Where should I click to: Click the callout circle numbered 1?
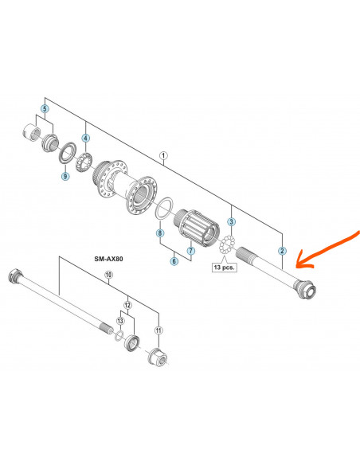click(x=163, y=155)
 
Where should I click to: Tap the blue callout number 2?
click(x=282, y=251)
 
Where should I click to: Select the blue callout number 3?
click(x=231, y=221)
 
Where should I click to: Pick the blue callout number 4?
click(x=86, y=138)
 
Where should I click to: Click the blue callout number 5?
click(x=45, y=109)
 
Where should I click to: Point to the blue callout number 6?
click(x=174, y=261)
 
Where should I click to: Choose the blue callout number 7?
click(x=191, y=251)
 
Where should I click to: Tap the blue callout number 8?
click(x=160, y=232)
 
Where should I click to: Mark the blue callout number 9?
click(x=65, y=176)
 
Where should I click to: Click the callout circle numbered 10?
click(x=109, y=275)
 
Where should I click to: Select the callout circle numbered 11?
click(x=159, y=330)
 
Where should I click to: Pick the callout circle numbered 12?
click(x=127, y=305)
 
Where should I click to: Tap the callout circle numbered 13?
click(x=120, y=321)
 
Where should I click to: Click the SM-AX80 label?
click(x=108, y=259)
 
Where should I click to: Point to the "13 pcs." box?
click(x=225, y=268)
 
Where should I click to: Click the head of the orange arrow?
click(x=297, y=265)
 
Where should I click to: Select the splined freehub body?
click(x=197, y=229)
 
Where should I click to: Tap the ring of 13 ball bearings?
click(x=226, y=244)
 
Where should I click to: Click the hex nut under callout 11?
click(x=157, y=357)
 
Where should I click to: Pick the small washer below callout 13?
click(x=119, y=335)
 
